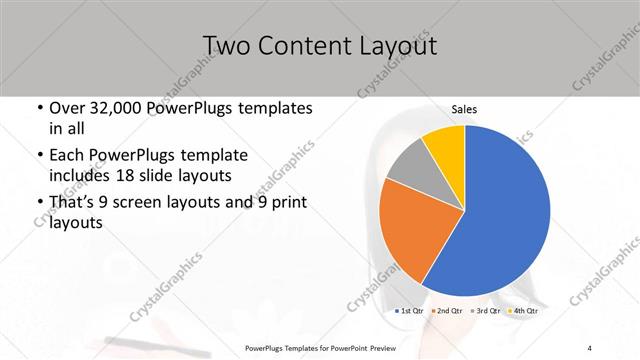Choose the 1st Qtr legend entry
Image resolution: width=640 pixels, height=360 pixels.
[x=410, y=312]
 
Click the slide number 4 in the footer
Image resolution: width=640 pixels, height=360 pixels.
[x=590, y=347]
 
